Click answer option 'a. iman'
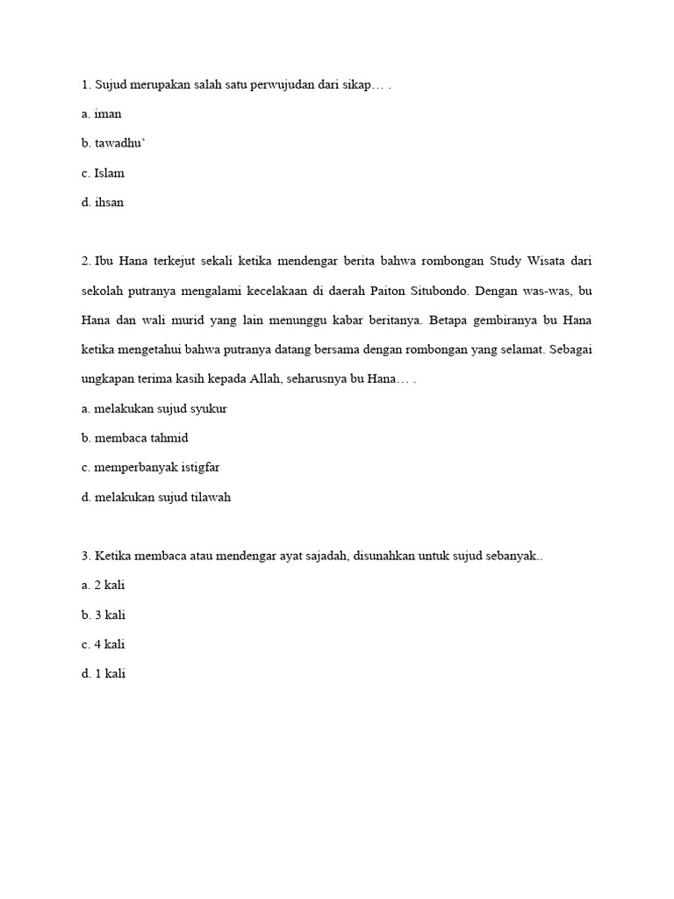(101, 114)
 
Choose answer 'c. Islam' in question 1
(103, 173)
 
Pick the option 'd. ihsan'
(103, 203)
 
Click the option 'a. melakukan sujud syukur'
(154, 409)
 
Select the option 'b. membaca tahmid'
(134, 438)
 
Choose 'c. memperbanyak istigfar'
(150, 468)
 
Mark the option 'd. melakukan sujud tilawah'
(155, 498)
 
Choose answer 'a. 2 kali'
(103, 586)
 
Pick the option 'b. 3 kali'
(103, 615)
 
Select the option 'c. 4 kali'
(103, 645)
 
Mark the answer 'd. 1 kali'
(103, 675)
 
